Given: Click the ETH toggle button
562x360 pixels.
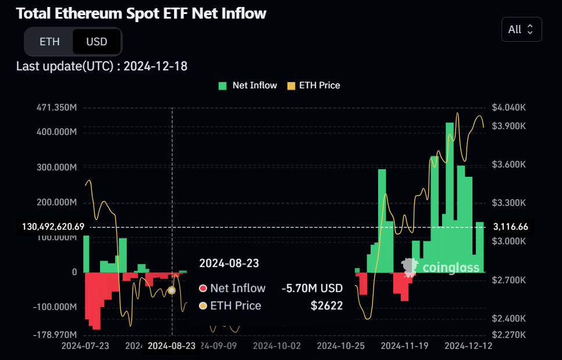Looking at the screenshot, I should coord(49,42).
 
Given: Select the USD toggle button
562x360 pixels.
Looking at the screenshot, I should coord(97,42).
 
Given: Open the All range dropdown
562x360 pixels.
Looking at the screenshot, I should coord(521,30).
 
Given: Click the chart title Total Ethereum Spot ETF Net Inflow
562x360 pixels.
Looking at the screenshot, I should coord(141,13).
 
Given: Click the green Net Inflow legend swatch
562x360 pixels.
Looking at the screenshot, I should coord(223,85).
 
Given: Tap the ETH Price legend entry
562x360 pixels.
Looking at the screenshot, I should coord(314,85).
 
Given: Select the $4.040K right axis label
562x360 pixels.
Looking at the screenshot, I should coord(509,108).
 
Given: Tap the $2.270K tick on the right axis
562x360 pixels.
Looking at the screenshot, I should coord(509,335).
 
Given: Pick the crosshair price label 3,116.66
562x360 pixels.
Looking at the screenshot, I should coord(510,227).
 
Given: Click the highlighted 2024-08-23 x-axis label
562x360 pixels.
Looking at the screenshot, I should coord(172,346).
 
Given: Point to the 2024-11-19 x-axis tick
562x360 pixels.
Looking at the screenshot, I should coord(404,345).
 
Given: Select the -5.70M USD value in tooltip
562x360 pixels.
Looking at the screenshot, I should coord(312,288).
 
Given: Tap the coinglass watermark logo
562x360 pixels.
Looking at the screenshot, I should coord(442,267).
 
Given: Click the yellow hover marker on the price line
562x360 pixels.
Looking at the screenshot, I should coord(172,290).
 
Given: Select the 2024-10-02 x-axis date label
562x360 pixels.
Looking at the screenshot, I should coord(278,345).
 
